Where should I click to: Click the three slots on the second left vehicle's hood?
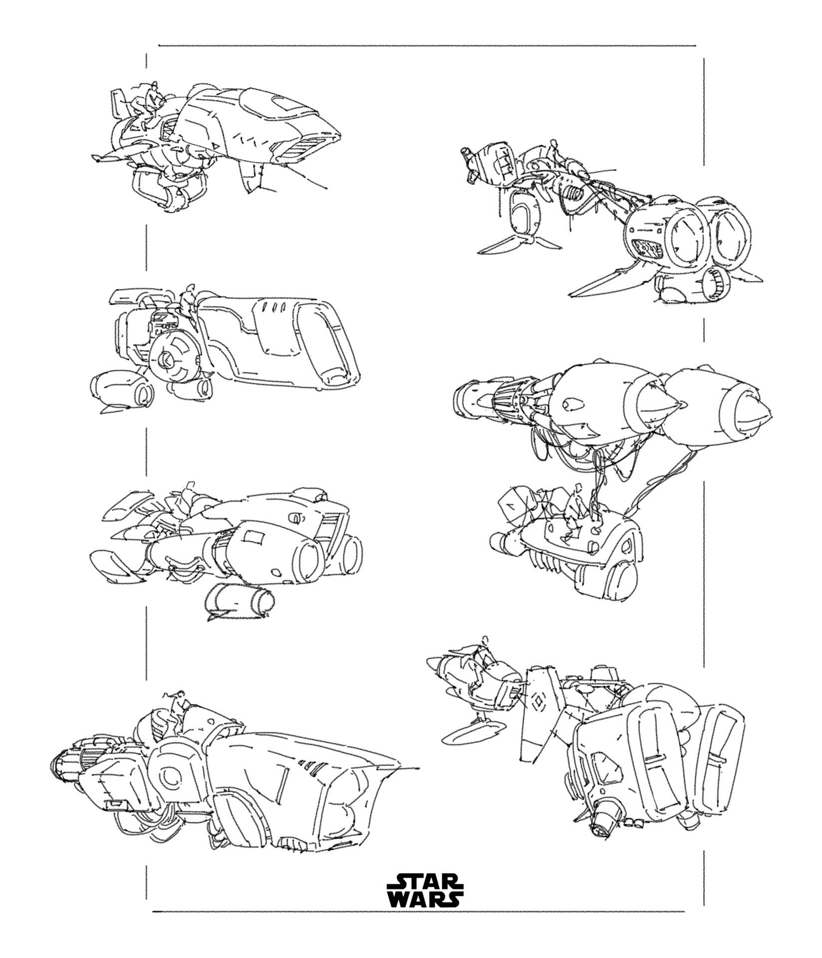pos(273,305)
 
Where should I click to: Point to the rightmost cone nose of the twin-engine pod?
pos(756,411)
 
